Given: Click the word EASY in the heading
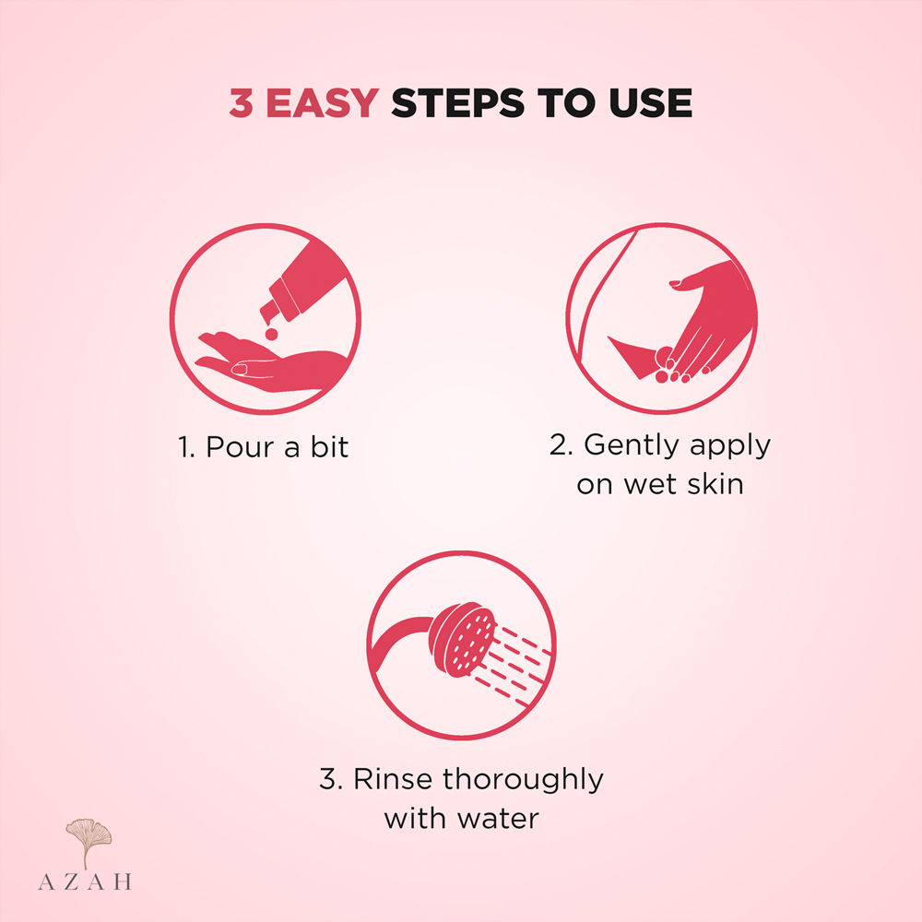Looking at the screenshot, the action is [322, 103].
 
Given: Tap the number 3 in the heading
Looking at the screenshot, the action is [241, 103].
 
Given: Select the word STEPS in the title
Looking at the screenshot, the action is [457, 103].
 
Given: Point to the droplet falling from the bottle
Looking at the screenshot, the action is [271, 334].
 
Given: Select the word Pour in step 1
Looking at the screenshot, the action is [240, 447].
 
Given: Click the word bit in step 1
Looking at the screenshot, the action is [329, 447].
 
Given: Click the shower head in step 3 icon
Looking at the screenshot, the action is [463, 639].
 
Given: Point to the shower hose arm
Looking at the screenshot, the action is [400, 641].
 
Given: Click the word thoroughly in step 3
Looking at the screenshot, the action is [523, 780].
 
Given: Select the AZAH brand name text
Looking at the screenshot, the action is [85, 881].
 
